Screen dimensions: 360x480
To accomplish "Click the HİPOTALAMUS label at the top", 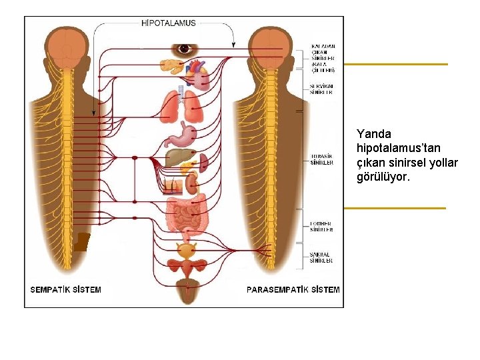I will [x=169, y=23].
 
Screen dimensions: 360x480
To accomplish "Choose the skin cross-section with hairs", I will [x=173, y=185].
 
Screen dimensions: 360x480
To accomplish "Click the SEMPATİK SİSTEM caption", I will [x=66, y=290].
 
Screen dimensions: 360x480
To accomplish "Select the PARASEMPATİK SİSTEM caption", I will [x=293, y=290].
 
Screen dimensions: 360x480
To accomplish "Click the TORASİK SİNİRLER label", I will [x=322, y=159].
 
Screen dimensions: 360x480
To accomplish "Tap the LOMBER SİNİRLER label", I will [x=322, y=227].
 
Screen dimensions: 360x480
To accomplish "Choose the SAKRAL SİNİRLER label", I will [x=322, y=257].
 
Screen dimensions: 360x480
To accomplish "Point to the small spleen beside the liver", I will [x=203, y=161].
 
